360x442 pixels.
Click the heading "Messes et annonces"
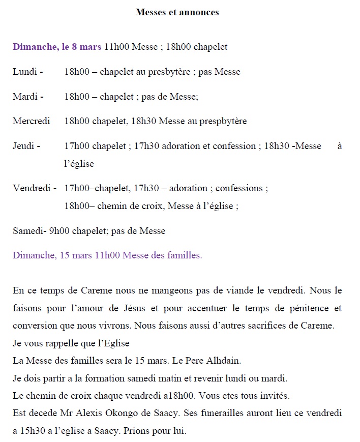[177, 12]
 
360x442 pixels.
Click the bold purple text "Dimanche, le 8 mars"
[57, 47]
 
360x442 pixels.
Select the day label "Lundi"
[24, 72]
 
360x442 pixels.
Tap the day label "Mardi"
[24, 96]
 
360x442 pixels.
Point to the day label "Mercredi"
[32, 121]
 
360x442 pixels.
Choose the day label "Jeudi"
[23, 146]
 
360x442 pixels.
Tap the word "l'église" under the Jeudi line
[79, 164]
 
